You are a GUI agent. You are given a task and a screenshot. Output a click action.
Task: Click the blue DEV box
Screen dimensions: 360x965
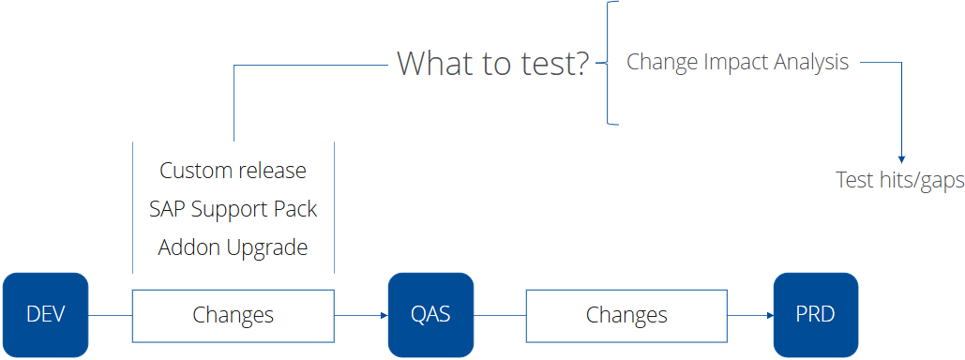point(46,315)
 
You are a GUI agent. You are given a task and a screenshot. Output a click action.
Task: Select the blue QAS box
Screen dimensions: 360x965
point(430,315)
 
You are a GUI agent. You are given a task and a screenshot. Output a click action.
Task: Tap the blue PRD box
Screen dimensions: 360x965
point(815,315)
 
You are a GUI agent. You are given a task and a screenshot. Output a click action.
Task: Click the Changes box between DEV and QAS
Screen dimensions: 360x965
point(233,315)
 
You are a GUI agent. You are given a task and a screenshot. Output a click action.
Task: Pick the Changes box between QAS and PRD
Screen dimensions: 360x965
point(626,315)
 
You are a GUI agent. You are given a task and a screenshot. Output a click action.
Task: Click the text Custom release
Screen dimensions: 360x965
point(233,171)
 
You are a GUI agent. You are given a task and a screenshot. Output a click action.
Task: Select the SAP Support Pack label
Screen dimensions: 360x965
point(233,209)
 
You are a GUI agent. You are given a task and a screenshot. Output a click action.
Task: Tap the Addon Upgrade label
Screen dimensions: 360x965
point(233,247)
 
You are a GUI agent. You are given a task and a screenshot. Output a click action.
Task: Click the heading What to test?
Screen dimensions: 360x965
point(493,64)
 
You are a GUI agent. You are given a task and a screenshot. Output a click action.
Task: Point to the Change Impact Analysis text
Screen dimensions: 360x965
point(737,63)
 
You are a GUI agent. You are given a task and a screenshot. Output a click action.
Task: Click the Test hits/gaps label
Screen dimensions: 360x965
point(899,180)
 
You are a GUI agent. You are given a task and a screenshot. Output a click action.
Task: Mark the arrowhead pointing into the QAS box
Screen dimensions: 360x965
point(384,315)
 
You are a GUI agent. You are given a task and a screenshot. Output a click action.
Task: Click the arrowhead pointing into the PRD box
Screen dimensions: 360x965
point(768,315)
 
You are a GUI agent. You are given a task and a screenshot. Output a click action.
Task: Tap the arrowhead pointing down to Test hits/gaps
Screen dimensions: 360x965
point(901,158)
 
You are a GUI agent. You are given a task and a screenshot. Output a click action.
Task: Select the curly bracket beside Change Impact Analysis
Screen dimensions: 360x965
point(611,64)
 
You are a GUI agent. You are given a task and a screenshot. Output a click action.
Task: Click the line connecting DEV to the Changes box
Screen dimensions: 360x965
point(110,315)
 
